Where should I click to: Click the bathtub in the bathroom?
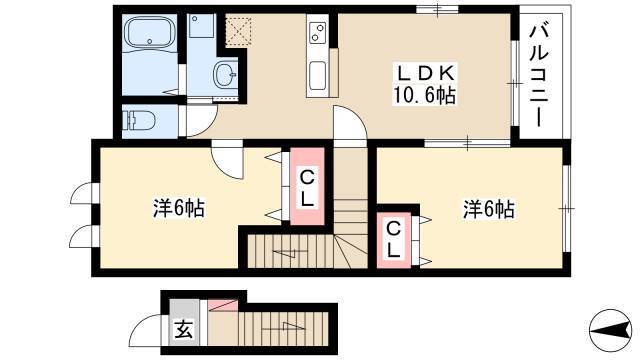tap(150, 32)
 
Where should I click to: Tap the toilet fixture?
tap(139, 120)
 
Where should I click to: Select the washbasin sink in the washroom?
tap(226, 74)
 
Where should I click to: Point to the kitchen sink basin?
tap(318, 76)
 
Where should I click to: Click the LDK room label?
tap(424, 73)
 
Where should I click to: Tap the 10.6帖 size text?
tap(424, 95)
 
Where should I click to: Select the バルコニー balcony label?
tap(539, 76)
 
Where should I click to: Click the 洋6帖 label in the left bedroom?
tap(179, 208)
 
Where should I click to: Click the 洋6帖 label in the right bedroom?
tap(489, 209)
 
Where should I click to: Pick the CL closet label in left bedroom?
tap(307, 188)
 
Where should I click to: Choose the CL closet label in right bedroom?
tap(393, 239)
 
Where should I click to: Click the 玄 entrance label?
tap(184, 329)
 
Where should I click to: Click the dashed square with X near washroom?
tap(238, 30)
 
